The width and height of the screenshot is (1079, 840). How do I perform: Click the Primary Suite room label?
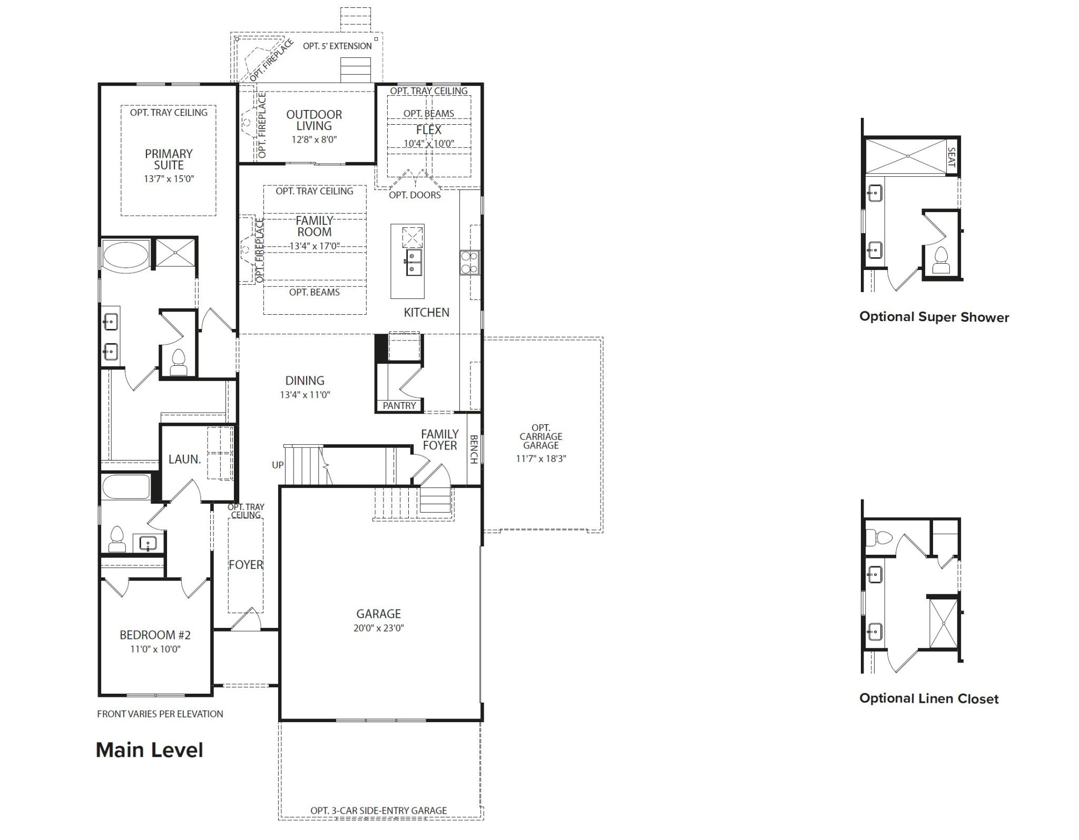point(169,159)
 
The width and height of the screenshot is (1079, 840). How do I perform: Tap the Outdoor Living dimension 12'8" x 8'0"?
point(314,139)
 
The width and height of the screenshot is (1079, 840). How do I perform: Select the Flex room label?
point(428,130)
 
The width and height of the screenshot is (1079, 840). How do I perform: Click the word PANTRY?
point(399,405)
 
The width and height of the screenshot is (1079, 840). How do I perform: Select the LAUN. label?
point(184,459)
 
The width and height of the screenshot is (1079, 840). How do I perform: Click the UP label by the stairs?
point(278,465)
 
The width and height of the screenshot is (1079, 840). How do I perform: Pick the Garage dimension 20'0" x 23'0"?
point(378,628)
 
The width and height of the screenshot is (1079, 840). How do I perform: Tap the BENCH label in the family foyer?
point(473,449)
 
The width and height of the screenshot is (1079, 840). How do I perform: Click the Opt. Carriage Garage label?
point(541,436)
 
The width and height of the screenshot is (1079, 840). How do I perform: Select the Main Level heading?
point(149,749)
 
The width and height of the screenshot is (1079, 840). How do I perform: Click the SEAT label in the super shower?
point(952,157)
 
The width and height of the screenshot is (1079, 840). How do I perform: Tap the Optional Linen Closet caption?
point(928,698)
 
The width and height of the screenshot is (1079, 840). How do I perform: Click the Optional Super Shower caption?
point(934,317)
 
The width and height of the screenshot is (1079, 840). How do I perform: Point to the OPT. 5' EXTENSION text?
point(337,46)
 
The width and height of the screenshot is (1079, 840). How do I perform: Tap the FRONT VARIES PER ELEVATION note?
point(160,714)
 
